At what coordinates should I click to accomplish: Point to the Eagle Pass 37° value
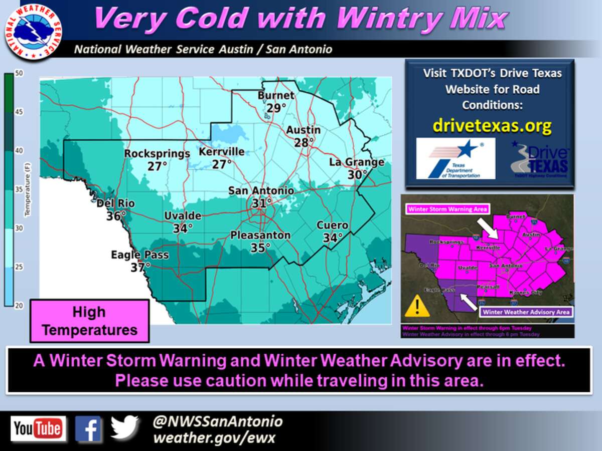coord(140,267)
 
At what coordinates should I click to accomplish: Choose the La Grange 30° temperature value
coord(357,174)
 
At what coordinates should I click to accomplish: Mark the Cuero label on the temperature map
coord(332,225)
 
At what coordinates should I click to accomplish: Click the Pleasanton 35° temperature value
coord(260,247)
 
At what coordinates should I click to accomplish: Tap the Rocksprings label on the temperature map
coord(157,153)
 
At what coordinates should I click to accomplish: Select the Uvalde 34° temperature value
coord(183,228)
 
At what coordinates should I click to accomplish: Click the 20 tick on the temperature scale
coord(19,305)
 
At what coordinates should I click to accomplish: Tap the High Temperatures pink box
coord(89,321)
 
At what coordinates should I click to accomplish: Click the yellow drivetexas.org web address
coord(492,125)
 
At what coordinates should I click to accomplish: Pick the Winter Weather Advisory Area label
coord(526,312)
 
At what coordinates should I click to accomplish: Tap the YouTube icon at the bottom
coord(38,429)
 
